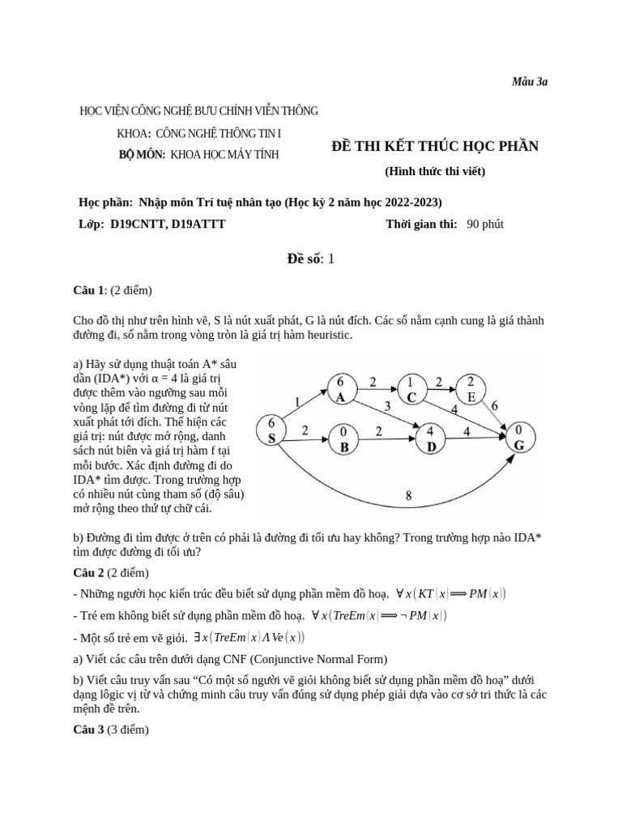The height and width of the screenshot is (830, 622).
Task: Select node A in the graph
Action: (x=341, y=389)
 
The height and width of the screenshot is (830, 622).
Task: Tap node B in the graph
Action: (x=343, y=439)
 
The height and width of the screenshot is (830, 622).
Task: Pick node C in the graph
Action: (x=411, y=389)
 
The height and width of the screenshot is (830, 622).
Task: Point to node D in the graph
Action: (x=431, y=439)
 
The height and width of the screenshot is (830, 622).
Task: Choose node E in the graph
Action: (x=471, y=389)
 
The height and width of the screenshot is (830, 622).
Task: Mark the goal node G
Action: (x=518, y=439)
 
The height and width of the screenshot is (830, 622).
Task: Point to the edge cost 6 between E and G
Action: (x=495, y=404)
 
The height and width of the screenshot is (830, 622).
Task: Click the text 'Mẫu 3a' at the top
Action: (x=530, y=82)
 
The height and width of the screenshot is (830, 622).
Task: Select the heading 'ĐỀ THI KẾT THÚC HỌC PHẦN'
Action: (x=435, y=147)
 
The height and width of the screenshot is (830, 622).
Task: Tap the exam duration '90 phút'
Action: (x=485, y=224)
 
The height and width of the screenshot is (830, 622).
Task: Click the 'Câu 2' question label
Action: (x=89, y=572)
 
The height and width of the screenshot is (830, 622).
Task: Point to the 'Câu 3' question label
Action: (x=89, y=729)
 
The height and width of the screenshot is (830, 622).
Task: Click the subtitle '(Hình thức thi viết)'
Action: (x=435, y=172)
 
